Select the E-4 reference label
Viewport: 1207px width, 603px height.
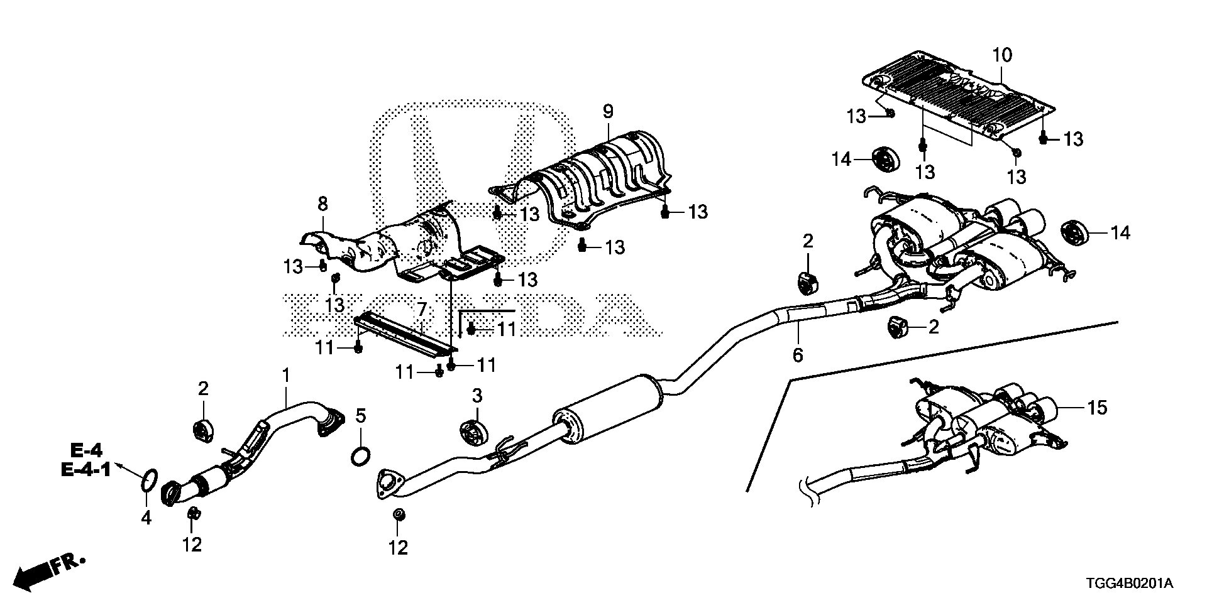tap(87, 449)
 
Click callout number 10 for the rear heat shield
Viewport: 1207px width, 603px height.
tap(1002, 55)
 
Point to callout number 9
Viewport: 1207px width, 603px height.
tap(607, 112)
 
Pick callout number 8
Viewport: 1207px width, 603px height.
tap(322, 203)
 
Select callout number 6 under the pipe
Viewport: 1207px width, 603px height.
tap(797, 356)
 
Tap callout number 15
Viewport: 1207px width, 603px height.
tap(1097, 408)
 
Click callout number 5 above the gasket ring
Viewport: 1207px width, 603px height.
tap(360, 415)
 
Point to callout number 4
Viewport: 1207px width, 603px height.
tap(146, 518)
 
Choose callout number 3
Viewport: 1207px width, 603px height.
tap(477, 396)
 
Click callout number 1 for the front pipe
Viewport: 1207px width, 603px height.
tap(286, 376)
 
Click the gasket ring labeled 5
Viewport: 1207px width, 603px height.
tap(360, 456)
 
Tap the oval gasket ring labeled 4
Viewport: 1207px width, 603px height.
tap(148, 480)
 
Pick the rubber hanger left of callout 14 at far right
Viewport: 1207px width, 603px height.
tap(1073, 232)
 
